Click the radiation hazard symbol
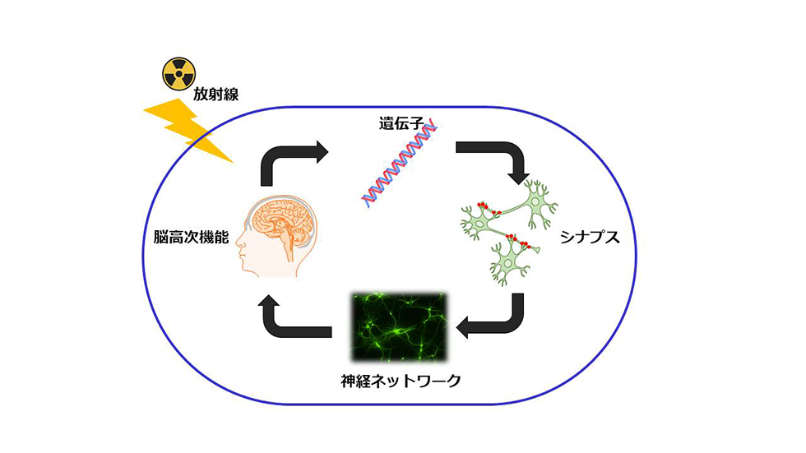pyautogui.click(x=179, y=74)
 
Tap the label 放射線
pyautogui.click(x=215, y=94)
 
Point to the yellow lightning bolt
pyautogui.click(x=188, y=131)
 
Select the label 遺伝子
pyautogui.click(x=401, y=123)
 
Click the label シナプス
pyautogui.click(x=591, y=238)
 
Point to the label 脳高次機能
pyautogui.click(x=191, y=237)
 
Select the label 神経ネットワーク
pyautogui.click(x=401, y=381)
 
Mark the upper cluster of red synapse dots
pyautogui.click(x=489, y=208)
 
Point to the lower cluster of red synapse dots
pyautogui.click(x=517, y=241)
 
